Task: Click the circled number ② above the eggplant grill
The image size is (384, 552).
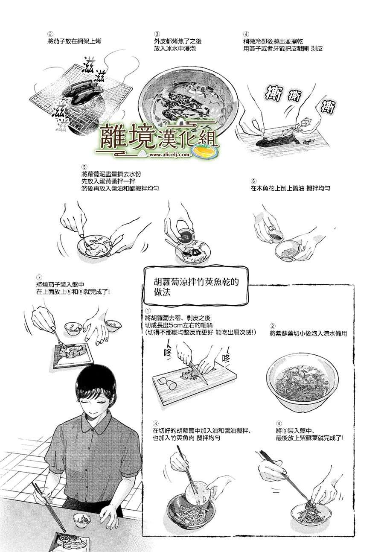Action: (50, 34)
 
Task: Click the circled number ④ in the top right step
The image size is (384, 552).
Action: (246, 34)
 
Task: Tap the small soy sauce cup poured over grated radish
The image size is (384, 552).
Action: (185, 235)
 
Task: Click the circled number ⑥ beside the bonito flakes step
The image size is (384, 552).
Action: (253, 181)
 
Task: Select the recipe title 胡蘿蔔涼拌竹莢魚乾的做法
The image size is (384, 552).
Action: (196, 287)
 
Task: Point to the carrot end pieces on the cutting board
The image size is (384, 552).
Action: (168, 382)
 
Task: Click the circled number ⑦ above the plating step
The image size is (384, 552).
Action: (39, 277)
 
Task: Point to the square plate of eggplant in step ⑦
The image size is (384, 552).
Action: (74, 354)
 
